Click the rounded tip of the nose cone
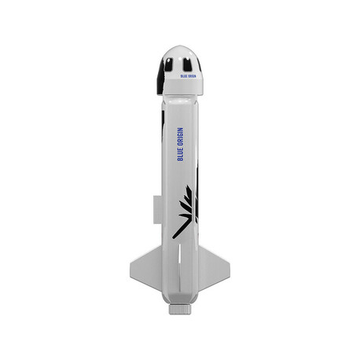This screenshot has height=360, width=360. (x=180, y=46)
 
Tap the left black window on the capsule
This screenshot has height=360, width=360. (x=167, y=64)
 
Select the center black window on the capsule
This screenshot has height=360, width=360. (x=187, y=64)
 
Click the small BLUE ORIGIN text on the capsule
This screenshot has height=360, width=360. (x=188, y=76)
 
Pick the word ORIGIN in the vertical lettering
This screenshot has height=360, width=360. (x=180, y=138)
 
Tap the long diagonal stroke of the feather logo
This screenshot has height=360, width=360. (x=180, y=229)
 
